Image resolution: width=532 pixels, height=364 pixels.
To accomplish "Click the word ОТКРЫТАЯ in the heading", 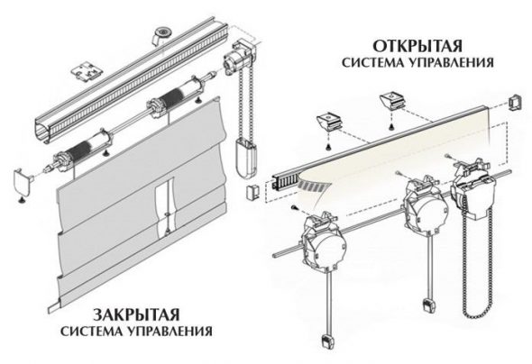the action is click(x=417, y=46).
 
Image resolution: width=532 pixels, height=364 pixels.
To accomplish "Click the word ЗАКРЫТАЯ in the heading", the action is click(x=136, y=314).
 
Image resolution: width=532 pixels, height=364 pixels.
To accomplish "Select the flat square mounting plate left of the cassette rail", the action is click(x=87, y=71).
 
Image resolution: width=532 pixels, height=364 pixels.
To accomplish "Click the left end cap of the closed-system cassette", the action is click(x=23, y=182).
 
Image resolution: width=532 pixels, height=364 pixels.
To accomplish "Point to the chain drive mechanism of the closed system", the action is click(x=237, y=57).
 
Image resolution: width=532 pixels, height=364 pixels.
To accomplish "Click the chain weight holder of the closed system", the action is click(x=246, y=159).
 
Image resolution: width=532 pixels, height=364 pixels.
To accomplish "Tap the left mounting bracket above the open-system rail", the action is click(x=329, y=122).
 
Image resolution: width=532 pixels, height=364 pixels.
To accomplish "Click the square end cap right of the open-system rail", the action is click(x=516, y=103).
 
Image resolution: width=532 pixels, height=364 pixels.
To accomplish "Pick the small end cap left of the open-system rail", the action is click(x=252, y=193).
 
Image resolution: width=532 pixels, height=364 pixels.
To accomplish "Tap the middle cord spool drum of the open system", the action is click(x=425, y=205).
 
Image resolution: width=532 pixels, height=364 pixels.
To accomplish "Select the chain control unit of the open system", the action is click(x=472, y=190).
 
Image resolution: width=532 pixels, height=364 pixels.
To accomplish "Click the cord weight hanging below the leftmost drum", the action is click(x=326, y=341).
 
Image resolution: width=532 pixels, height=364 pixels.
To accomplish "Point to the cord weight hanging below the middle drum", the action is click(x=428, y=305).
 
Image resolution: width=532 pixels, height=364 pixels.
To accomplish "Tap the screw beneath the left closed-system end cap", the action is click(x=22, y=200).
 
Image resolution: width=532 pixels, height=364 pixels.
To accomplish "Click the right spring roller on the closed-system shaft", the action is click(x=179, y=93).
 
